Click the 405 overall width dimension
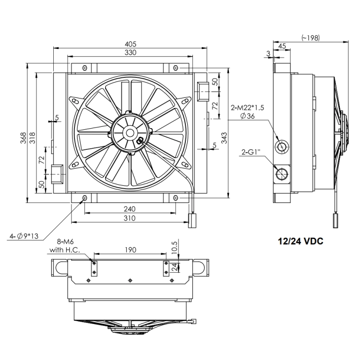pyautogui.click(x=130, y=44)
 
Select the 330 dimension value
pyautogui.click(x=130, y=53)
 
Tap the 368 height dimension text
pyautogui.click(x=24, y=138)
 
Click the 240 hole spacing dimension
pyautogui.click(x=130, y=209)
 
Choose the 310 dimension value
pyautogui.click(x=130, y=218)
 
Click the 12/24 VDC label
pyautogui.click(x=300, y=241)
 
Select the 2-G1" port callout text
pyautogui.click(x=251, y=152)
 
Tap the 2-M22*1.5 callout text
pyautogui.click(x=248, y=108)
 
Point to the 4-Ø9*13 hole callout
pyautogui.click(x=24, y=236)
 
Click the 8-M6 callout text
pyautogui.click(x=65, y=241)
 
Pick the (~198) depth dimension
pyautogui.click(x=311, y=37)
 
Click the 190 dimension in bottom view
pyautogui.click(x=130, y=250)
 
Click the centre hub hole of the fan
pyautogui.click(x=130, y=132)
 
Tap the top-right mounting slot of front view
pyautogui.click(x=176, y=68)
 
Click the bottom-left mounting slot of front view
pyautogui.click(x=84, y=198)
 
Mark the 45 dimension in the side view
pyautogui.click(x=282, y=46)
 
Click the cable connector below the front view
pyautogui.click(x=192, y=220)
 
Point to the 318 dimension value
pyautogui.click(x=33, y=138)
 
